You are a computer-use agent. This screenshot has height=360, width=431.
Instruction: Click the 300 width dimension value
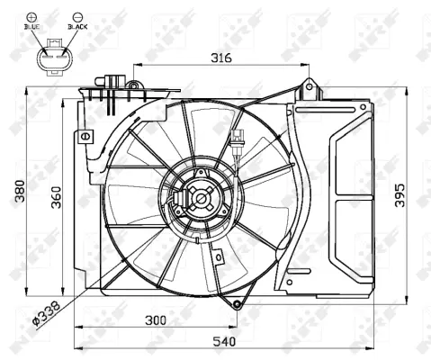click(x=156, y=320)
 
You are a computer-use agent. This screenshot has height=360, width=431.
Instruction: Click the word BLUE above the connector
click(x=33, y=28)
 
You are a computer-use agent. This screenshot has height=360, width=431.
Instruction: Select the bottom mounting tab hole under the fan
click(x=237, y=304)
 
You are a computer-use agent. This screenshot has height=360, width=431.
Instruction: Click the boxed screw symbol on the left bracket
click(x=86, y=136)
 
